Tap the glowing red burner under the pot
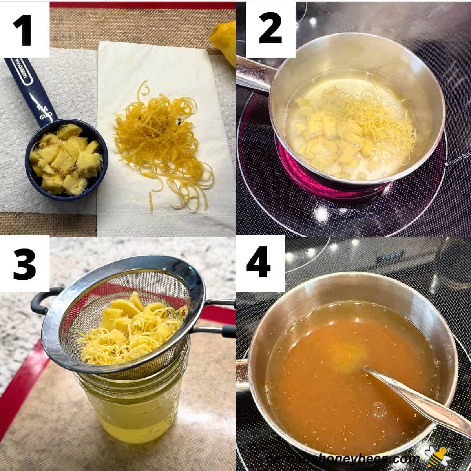[290, 165]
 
